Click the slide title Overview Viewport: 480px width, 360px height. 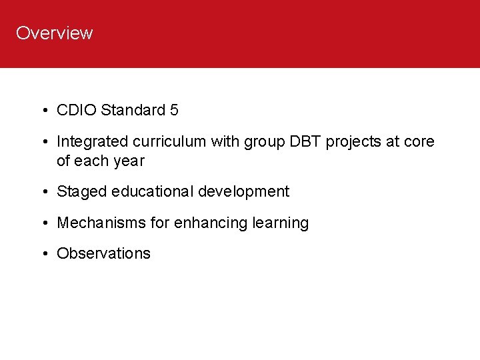[54, 33]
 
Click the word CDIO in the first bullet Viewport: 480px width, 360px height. [77, 110]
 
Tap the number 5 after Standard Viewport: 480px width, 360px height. [174, 110]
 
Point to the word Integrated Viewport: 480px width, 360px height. [90, 141]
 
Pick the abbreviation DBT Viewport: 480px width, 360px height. [303, 141]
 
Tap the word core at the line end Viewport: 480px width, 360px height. [419, 141]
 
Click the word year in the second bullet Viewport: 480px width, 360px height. [129, 161]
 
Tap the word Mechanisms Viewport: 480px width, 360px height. [101, 223]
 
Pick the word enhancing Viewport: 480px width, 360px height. [211, 223]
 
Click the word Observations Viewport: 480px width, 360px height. [103, 253]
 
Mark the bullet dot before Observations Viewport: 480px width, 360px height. [43, 254]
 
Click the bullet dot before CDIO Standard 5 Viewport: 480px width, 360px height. [43, 111]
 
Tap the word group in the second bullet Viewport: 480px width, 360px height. [265, 142]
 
